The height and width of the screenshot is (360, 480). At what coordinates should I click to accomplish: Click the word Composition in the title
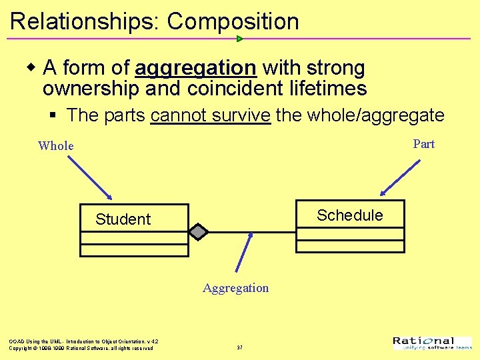233,21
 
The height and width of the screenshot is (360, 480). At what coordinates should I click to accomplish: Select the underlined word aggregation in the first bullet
195,68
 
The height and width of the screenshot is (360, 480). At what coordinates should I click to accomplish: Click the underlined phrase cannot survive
211,115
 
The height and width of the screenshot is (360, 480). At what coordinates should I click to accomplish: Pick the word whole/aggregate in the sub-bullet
376,115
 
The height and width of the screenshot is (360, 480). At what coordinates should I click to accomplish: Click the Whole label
56,146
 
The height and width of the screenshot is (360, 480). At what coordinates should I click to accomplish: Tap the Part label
423,144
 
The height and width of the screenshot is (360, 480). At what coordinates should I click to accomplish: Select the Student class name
123,219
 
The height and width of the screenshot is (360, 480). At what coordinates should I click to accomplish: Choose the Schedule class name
350,215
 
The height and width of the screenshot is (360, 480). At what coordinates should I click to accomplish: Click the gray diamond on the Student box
198,232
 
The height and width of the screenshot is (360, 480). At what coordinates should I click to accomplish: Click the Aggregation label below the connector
236,288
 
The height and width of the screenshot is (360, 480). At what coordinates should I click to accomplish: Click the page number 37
239,347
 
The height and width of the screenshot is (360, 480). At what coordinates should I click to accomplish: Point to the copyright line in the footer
81,348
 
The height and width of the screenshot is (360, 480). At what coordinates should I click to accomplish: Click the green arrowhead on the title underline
240,39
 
